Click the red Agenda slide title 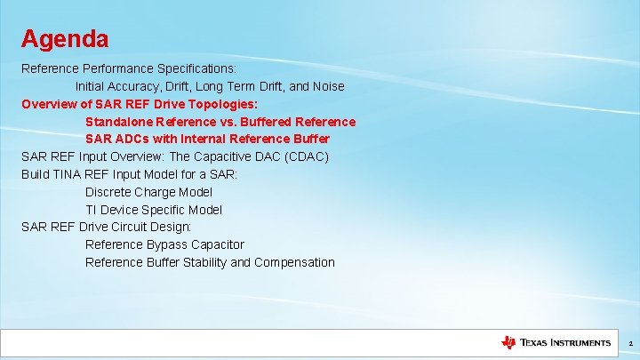[x=65, y=39]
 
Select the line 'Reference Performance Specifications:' [x=128, y=68]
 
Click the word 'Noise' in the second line [x=326, y=86]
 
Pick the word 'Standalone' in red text [x=119, y=121]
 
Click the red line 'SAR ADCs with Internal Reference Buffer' [x=207, y=139]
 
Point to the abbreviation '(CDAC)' [x=305, y=156]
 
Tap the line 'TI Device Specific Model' [x=154, y=210]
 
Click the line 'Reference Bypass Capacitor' [x=164, y=244]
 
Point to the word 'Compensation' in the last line [x=294, y=262]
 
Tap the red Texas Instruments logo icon [x=508, y=342]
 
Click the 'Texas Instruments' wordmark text [x=565, y=342]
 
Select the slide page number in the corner [x=630, y=343]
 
